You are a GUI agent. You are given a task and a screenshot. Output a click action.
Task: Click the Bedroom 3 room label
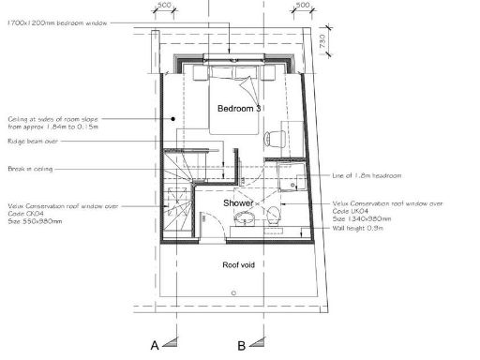click(x=238, y=109)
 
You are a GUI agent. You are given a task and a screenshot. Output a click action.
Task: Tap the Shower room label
click(x=238, y=202)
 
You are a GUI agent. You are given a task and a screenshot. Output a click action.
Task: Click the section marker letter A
click(x=156, y=345)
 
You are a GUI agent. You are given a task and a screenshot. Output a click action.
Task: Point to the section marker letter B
click(x=242, y=345)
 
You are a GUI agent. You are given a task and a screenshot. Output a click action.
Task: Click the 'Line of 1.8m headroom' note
click(x=367, y=177)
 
